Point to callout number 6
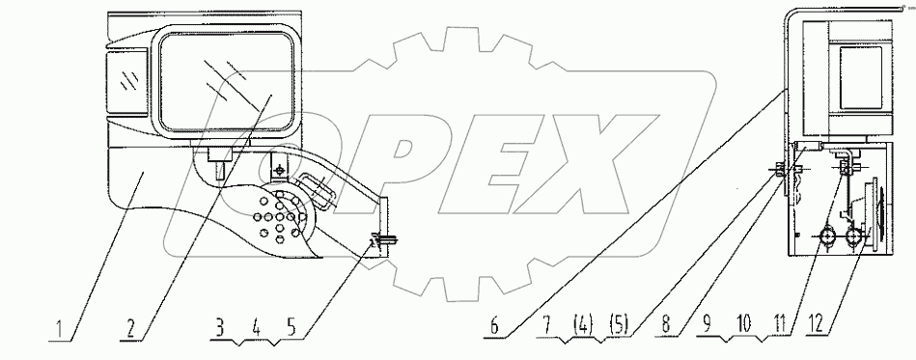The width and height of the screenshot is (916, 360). click(x=494, y=328)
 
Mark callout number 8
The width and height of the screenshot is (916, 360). click(x=667, y=328)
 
